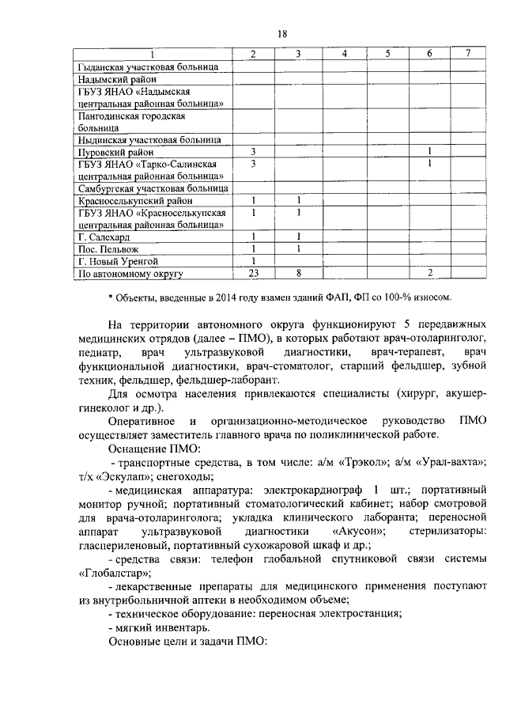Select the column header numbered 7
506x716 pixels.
(x=468, y=54)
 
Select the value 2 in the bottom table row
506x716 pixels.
(x=428, y=274)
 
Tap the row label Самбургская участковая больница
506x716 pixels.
(x=153, y=189)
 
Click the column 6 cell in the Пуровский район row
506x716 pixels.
(x=428, y=151)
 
